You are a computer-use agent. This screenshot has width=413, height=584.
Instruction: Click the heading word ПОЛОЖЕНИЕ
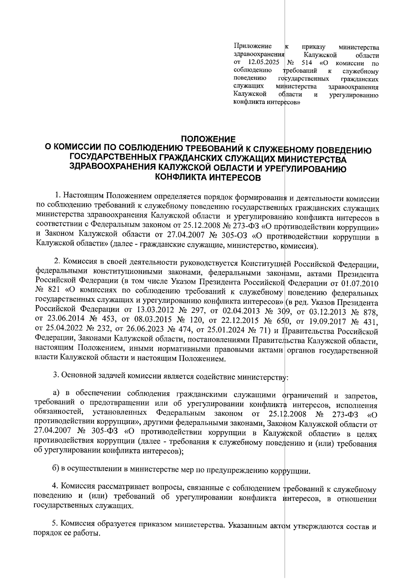coord(208,139)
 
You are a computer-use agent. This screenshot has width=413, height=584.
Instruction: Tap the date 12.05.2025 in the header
coord(263,63)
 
